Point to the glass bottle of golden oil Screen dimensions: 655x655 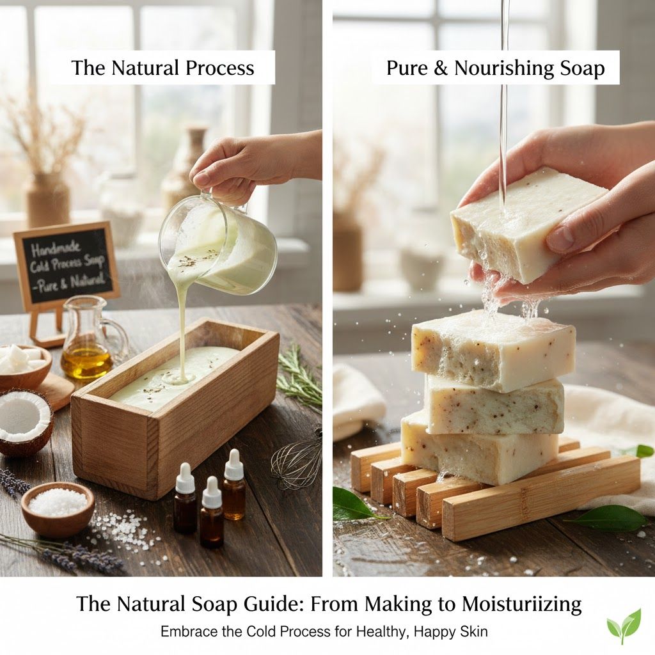(x=88, y=342)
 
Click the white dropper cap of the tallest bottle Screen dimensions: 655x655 (x=233, y=466)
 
